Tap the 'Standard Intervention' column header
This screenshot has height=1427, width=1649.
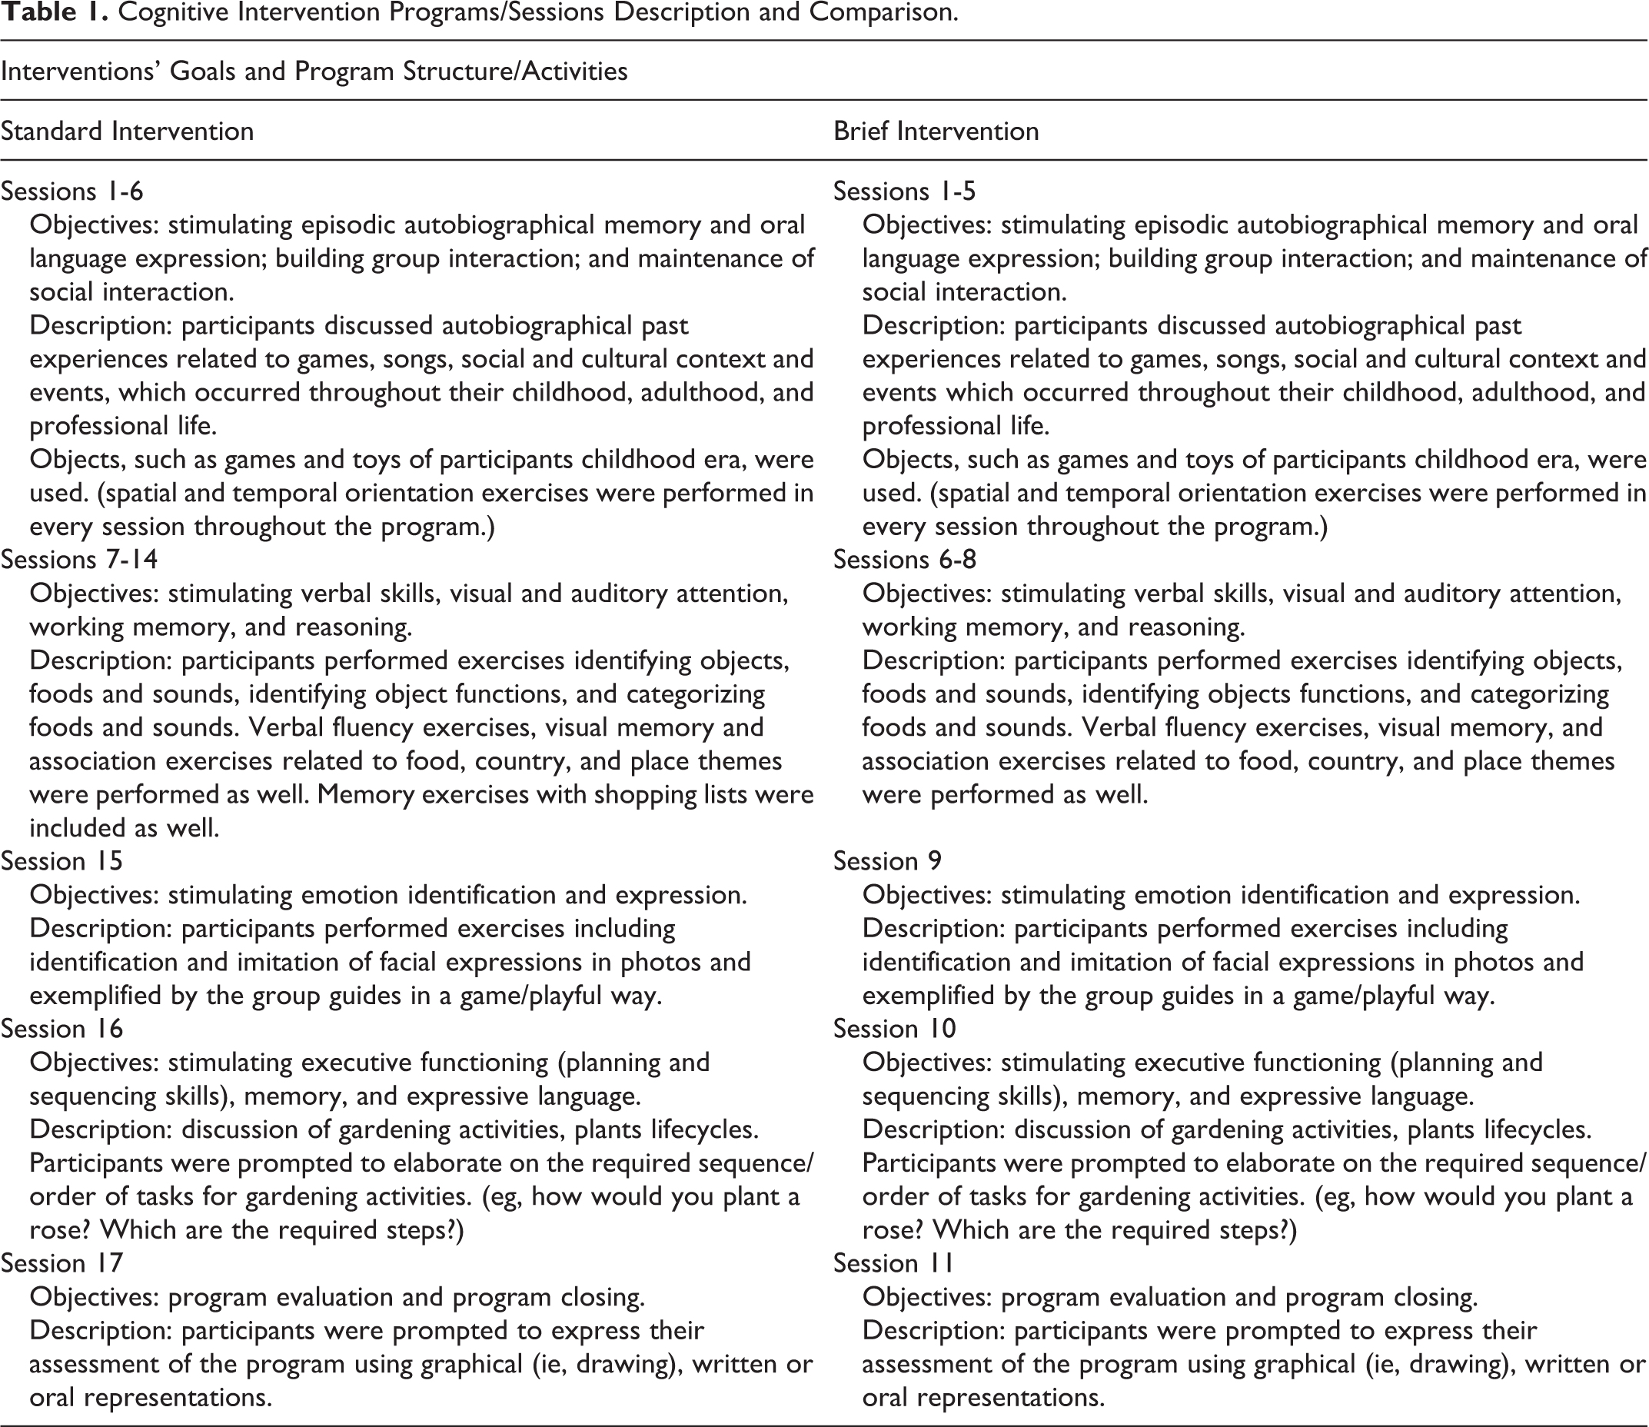coord(128,131)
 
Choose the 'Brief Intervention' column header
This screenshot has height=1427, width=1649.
coord(936,131)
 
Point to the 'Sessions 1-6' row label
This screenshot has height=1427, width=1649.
coord(71,191)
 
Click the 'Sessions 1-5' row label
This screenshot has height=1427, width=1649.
coord(905,191)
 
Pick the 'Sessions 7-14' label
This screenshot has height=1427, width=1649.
coord(79,560)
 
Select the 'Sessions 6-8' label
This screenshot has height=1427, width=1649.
coord(905,560)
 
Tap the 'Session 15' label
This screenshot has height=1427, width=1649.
coord(62,861)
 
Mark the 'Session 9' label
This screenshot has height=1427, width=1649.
coord(887,861)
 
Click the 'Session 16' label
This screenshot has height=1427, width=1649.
coord(62,1029)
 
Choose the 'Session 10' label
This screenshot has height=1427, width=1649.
coord(894,1029)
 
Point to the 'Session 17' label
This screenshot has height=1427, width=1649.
coord(62,1263)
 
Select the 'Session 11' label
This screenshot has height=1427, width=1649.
coord(893,1263)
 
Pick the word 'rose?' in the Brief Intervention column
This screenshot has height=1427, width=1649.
coord(893,1230)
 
